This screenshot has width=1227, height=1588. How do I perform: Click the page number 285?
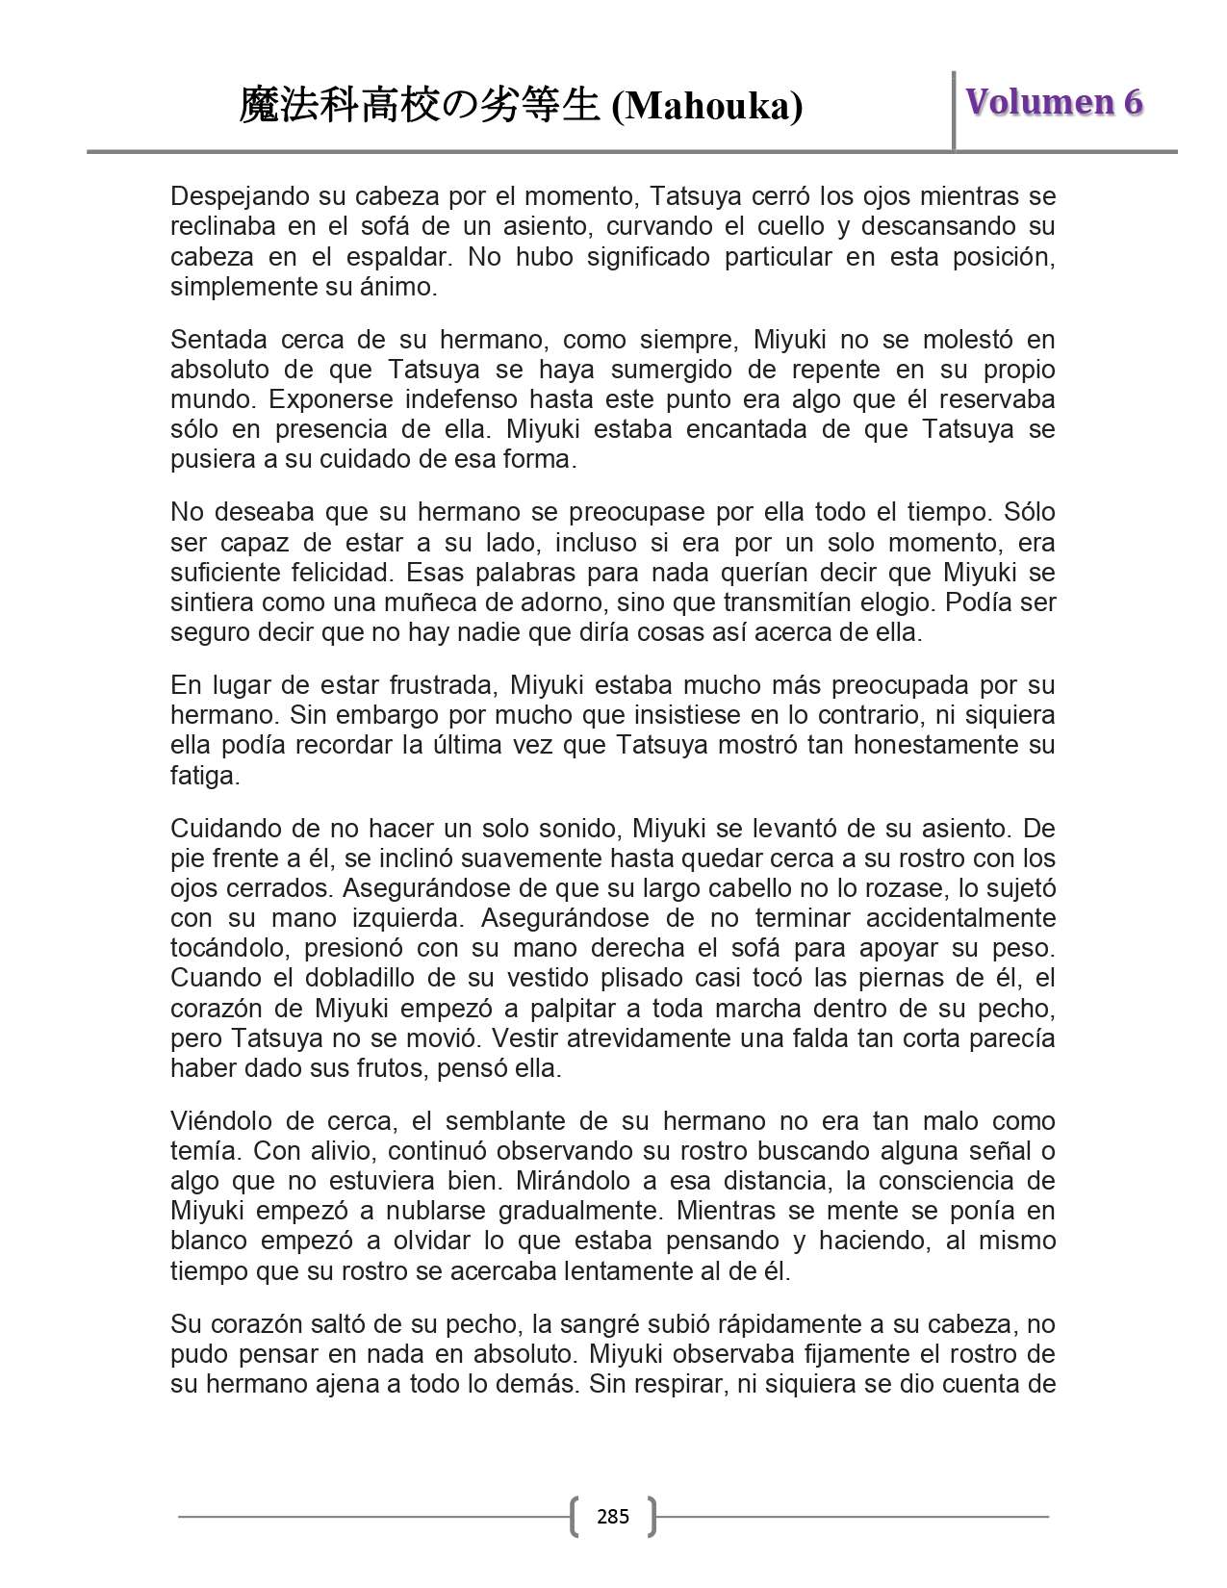coord(613,1517)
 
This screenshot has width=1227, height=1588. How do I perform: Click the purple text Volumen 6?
coord(1054,102)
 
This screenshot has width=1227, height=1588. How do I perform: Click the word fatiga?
coord(204,775)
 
